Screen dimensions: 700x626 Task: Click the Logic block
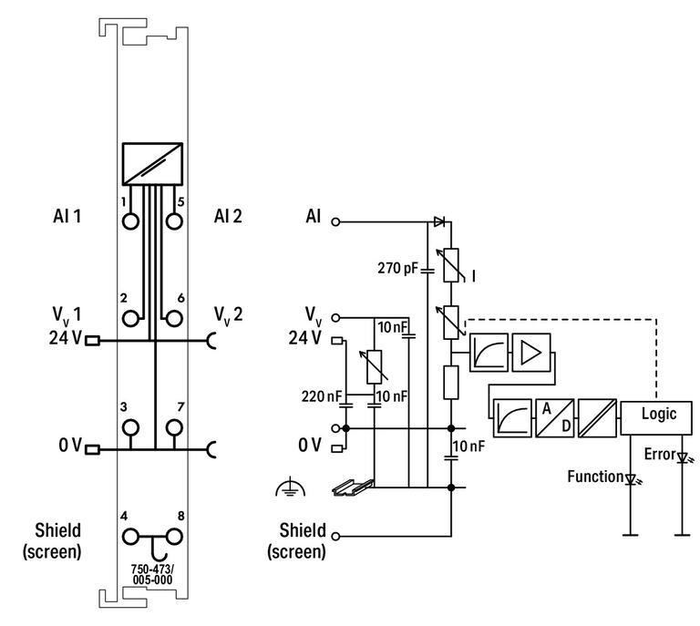[x=656, y=418]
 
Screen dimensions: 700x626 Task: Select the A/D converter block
[x=554, y=418]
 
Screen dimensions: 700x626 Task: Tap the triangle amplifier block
[x=531, y=352]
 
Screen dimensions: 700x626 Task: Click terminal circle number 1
[x=130, y=221]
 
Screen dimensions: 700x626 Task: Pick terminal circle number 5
[x=174, y=221]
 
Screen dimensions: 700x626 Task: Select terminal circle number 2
[x=130, y=319]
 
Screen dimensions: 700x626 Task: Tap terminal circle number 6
[x=174, y=319]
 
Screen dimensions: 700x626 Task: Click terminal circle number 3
[x=130, y=427]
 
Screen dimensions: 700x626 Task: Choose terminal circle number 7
[x=174, y=427]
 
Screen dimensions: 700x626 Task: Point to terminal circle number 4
[x=130, y=537]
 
